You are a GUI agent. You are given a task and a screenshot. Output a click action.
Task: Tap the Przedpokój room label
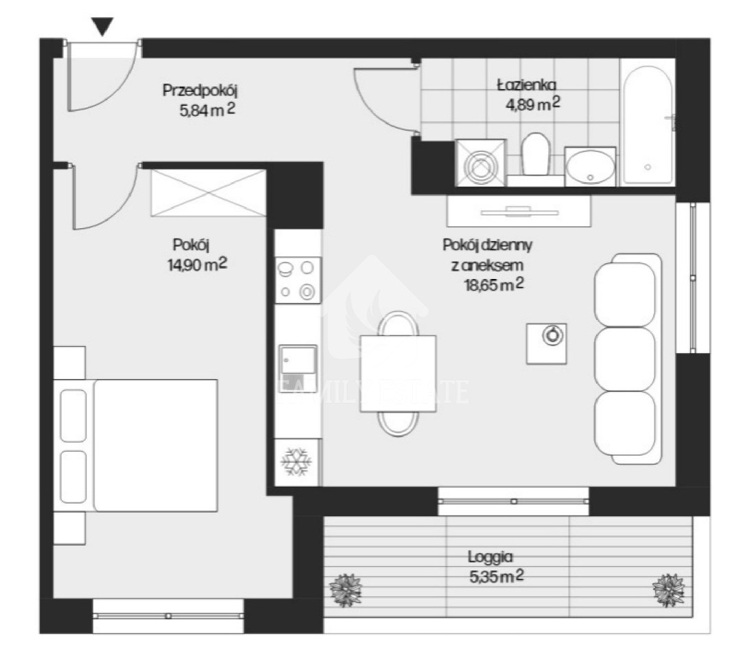coord(200,90)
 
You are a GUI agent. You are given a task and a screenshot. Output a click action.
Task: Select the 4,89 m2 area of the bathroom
coord(532,103)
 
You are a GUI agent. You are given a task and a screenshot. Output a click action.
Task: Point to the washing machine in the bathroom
coord(480,162)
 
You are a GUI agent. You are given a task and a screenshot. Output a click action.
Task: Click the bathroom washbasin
coord(591,166)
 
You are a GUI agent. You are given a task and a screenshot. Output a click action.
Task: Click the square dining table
coord(398,374)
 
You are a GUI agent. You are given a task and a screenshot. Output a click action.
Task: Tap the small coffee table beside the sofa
coord(547,344)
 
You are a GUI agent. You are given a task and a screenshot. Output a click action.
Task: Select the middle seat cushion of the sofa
coord(625,359)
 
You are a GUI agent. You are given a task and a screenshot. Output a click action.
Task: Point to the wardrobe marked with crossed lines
coord(209,193)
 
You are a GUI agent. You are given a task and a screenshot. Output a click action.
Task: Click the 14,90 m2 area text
coord(198,265)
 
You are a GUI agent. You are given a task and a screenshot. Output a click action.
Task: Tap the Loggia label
coord(490,557)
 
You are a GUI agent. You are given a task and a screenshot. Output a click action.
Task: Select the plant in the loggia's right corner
coord(668,590)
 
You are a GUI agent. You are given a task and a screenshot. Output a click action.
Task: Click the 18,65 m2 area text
coord(494,284)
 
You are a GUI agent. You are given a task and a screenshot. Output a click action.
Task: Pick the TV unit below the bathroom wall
coord(519,211)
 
